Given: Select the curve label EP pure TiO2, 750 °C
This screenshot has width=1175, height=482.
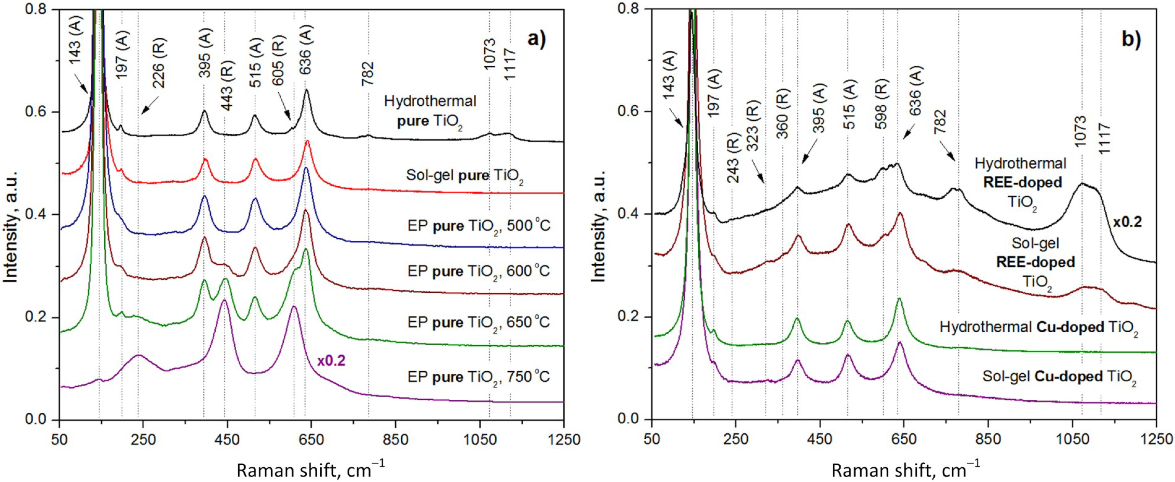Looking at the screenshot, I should tap(479, 377).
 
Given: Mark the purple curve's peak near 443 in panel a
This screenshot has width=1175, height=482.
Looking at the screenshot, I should tap(224, 300).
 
